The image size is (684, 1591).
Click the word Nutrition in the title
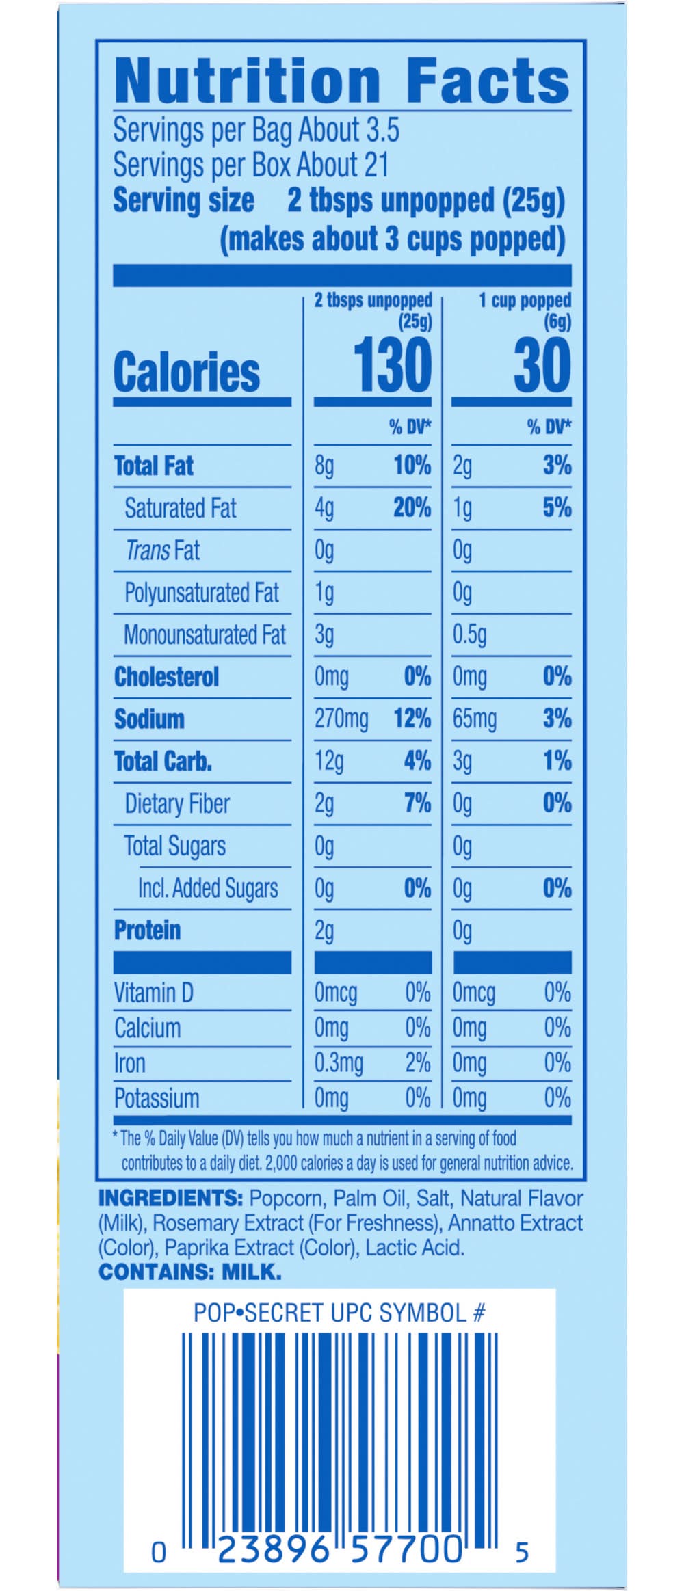point(247,81)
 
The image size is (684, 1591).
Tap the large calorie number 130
point(392,366)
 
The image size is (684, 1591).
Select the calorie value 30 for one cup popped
point(542,366)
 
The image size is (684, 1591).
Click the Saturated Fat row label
point(180,508)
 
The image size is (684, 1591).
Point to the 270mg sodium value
point(341,719)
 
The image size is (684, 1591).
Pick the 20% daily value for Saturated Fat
point(412,507)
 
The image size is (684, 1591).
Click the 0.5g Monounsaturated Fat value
point(469,634)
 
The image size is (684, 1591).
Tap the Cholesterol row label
point(166,677)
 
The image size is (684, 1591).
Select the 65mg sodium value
point(474,719)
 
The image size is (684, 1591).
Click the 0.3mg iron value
point(339,1063)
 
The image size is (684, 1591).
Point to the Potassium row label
point(157,1099)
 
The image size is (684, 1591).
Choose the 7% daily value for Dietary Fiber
point(417,803)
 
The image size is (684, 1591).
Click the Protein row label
point(147,930)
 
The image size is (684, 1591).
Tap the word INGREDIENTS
point(170,1199)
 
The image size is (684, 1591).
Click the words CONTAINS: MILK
point(189,1272)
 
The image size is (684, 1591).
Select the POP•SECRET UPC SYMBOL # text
point(339,1312)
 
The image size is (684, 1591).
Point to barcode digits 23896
point(273,1549)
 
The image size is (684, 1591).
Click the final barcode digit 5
point(522,1552)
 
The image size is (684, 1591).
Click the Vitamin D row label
point(153,992)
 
